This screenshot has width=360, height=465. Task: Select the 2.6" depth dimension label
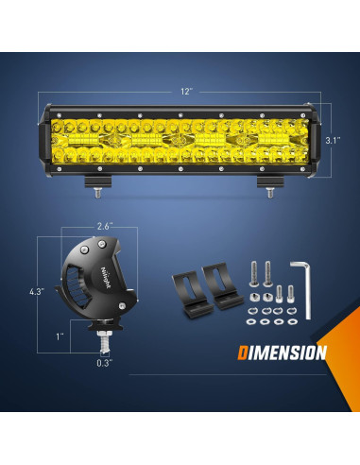103,226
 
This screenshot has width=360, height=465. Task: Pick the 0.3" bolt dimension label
102,360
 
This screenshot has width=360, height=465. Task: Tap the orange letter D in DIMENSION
243,353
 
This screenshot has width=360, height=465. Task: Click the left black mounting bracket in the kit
187,287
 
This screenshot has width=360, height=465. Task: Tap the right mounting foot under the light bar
269,183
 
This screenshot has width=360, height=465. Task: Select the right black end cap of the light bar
316,139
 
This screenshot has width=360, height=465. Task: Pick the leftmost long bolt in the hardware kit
254,276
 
